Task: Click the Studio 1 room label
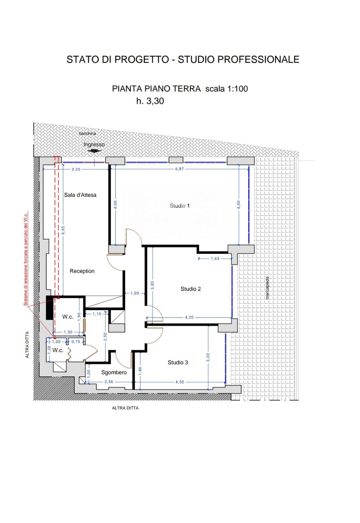pos(179,206)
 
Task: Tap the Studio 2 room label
pos(191,289)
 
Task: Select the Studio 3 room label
pos(178,362)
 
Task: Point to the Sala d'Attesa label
pos(80,195)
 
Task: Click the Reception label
pos(82,271)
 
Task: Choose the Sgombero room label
pos(114,372)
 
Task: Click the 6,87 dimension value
pos(179,169)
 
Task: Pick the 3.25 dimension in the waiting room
pos(76,169)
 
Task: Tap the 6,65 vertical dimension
pos(63,230)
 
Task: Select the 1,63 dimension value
pos(215,259)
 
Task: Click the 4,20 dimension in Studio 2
pos(189,317)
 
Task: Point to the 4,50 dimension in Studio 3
pos(180,382)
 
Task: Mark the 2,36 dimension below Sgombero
pos(109,382)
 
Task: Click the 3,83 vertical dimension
pos(152,285)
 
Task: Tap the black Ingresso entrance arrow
pos(94,151)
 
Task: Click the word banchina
pos(88,134)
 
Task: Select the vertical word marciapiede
pos(267,288)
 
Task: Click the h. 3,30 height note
pos(150,101)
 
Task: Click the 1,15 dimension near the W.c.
pos(97,314)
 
